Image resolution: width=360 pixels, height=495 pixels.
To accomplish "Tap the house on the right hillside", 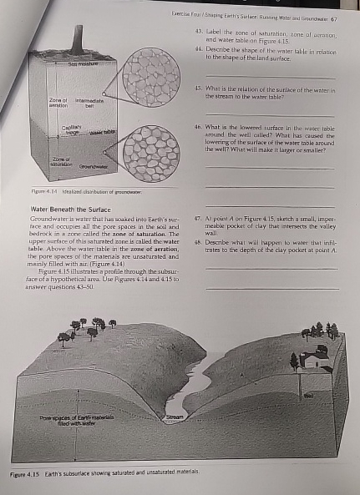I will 317,360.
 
